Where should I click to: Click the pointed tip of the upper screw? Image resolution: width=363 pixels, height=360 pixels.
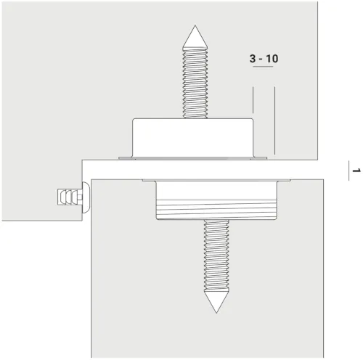point(195,25)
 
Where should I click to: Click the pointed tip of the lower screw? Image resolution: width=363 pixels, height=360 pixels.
point(216,313)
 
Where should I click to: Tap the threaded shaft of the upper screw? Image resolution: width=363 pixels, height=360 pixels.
point(195,83)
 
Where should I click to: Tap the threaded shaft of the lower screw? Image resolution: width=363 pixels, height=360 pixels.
point(216,255)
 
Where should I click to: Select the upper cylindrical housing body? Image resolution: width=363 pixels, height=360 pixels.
point(193,137)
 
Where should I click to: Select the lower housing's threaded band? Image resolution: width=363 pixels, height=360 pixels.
point(216,210)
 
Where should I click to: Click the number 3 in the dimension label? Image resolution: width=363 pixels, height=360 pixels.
point(253,59)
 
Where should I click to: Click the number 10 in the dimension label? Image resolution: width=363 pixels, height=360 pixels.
point(272,59)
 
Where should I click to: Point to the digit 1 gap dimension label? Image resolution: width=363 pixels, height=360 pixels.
point(356,171)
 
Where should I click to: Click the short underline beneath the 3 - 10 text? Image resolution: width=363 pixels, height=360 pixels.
point(263,66)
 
